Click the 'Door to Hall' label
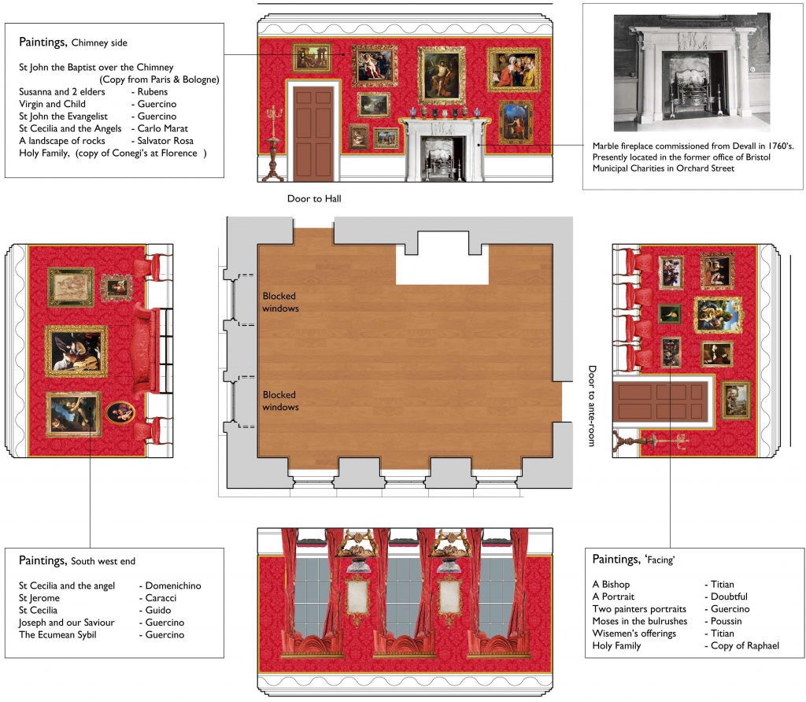click(x=314, y=199)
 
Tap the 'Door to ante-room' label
click(x=592, y=406)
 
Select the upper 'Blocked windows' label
click(x=280, y=302)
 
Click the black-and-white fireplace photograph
click(x=692, y=72)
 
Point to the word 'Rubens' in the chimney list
click(x=152, y=92)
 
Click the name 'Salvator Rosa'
click(x=165, y=141)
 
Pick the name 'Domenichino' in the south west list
click(x=173, y=586)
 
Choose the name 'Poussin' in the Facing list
click(x=726, y=621)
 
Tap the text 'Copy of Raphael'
click(x=745, y=646)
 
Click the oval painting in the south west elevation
click(x=120, y=412)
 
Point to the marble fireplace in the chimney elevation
click(x=444, y=150)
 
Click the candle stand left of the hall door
click(x=272, y=144)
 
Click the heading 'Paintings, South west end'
click(x=77, y=560)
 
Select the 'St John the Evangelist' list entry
click(x=63, y=116)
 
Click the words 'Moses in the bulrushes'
click(x=639, y=621)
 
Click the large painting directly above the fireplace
click(x=442, y=75)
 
